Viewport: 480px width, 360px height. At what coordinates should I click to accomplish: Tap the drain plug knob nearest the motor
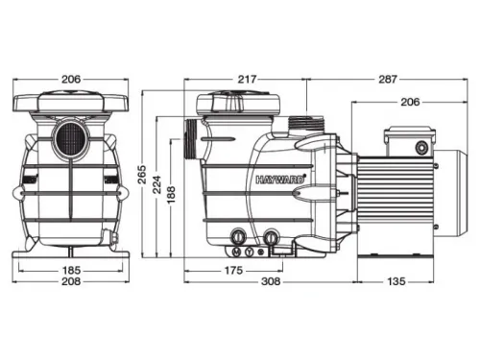(x=272, y=236)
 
